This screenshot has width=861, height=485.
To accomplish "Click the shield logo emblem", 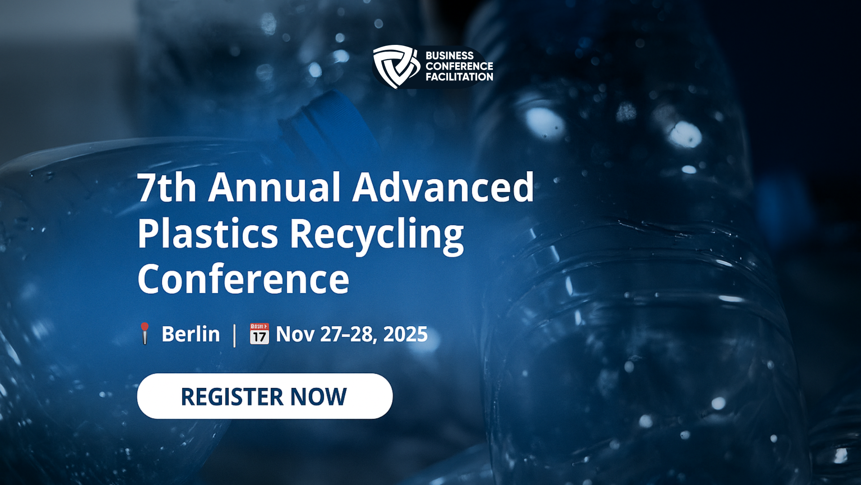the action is (396, 66).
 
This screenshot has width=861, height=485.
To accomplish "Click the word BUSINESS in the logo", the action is (449, 56).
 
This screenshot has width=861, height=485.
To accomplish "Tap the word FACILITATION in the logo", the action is (459, 77).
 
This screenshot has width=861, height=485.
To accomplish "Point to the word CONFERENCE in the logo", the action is (459, 66).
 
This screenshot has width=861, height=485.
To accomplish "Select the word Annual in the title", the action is (274, 187).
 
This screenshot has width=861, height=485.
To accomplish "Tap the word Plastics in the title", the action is (208, 233).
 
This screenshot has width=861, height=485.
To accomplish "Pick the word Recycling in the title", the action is (377, 236).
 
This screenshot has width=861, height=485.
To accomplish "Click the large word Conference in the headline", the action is (243, 279).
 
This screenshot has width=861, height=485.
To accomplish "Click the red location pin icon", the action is (144, 333).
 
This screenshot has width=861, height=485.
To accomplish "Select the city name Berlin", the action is (191, 334).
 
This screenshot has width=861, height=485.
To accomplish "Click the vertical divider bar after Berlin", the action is (235, 335).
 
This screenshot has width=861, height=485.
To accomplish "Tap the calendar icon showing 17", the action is (259, 334).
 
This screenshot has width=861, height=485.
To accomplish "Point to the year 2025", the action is (405, 334).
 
